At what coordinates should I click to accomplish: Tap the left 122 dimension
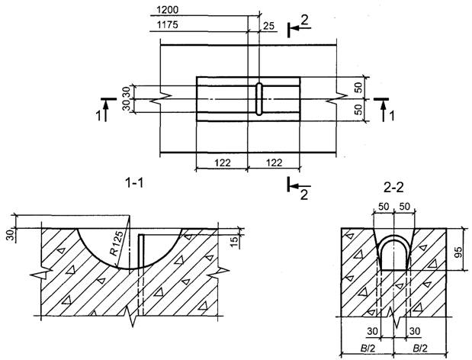[x=222, y=162]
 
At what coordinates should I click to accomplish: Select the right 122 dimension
[x=273, y=162]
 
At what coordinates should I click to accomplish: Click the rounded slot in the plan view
[x=258, y=99]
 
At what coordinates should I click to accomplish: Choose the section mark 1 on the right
[x=392, y=116]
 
